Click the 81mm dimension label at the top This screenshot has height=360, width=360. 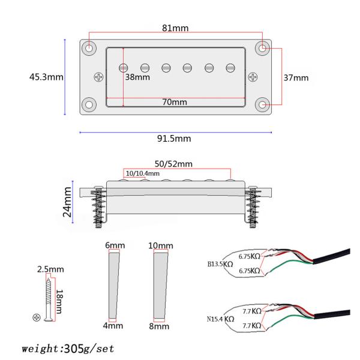175,28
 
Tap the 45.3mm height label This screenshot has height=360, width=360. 46,77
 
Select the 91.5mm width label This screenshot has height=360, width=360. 174,139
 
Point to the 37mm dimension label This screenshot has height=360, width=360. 296,77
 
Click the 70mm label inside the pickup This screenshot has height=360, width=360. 175,102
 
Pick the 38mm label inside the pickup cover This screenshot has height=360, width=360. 137,77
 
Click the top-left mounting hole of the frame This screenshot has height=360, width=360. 89,48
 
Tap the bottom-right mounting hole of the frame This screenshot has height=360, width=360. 262,105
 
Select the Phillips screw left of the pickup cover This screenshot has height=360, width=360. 99,77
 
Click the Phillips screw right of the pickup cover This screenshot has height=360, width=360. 253,77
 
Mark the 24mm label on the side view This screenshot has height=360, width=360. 67,202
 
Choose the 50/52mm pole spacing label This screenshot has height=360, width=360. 173,164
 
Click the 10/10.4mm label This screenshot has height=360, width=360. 143,173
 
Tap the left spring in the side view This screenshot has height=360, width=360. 98,206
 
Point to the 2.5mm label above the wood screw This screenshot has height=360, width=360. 50,269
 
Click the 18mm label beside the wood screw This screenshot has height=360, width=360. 59,301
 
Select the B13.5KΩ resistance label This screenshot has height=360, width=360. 220,264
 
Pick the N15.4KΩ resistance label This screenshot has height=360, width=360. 220,319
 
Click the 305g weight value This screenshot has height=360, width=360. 74,349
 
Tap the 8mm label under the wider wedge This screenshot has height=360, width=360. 159,326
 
